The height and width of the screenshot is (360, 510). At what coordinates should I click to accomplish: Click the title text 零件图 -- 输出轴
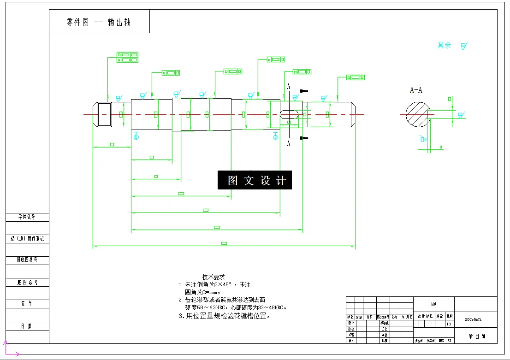click(x=99, y=22)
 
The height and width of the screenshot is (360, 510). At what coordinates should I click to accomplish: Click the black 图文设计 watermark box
click(x=255, y=180)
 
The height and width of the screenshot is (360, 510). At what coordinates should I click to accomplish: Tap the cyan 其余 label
click(x=444, y=46)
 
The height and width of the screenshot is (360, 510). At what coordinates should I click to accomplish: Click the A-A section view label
click(x=416, y=90)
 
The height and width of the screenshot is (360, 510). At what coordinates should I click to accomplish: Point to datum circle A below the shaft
click(x=136, y=136)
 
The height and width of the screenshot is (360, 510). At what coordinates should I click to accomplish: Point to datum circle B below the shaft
click(x=276, y=137)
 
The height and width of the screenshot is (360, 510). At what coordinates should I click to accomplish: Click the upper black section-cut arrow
click(x=303, y=91)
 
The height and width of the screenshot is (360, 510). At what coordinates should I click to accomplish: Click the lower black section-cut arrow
click(x=303, y=137)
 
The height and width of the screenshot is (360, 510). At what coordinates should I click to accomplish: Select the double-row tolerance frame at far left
click(x=127, y=57)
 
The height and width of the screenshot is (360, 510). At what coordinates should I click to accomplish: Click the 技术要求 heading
click(x=213, y=277)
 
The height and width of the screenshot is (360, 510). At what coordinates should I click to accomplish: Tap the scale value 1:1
click(x=449, y=324)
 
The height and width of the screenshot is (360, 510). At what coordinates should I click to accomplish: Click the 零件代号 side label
click(x=27, y=217)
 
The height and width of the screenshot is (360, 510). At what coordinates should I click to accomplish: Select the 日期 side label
click(x=27, y=326)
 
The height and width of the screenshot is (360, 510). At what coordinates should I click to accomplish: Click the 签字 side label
click(x=27, y=304)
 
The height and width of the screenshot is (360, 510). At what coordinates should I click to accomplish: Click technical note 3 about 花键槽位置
click(x=225, y=316)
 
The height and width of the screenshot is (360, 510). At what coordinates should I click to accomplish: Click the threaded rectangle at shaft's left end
click(x=104, y=114)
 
